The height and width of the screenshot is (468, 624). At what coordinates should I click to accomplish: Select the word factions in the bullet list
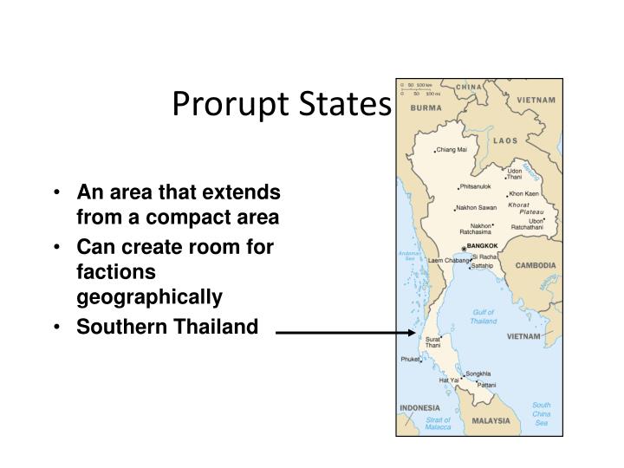tap(115, 272)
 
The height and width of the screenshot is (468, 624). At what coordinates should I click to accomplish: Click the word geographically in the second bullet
tap(150, 296)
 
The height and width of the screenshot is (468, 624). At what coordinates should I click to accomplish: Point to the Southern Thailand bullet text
tap(167, 327)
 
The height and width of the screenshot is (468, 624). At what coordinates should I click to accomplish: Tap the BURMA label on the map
tap(426, 107)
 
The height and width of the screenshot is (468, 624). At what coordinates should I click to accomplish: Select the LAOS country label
tap(505, 140)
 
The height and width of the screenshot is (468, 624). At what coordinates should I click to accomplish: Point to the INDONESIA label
tap(419, 407)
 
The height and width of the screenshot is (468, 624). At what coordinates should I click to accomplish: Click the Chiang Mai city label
tap(452, 150)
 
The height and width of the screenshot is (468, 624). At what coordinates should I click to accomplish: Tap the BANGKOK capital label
tap(482, 246)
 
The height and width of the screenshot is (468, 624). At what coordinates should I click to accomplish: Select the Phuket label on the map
tap(410, 359)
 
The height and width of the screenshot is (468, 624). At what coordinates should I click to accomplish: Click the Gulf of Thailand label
tap(484, 316)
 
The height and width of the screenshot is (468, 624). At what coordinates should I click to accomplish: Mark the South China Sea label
tap(541, 414)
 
